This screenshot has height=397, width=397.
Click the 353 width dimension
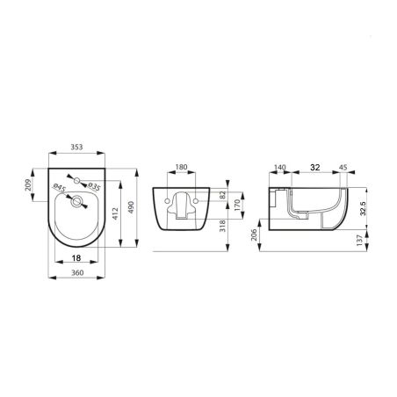click(x=76, y=147)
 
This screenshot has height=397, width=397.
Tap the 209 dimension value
click(x=28, y=185)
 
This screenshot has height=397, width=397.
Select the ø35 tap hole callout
click(x=94, y=186)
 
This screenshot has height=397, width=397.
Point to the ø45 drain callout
click(x=60, y=188)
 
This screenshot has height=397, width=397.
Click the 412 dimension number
click(x=115, y=214)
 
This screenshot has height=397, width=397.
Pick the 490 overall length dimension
click(x=131, y=207)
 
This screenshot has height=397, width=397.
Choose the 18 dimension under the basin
click(x=76, y=258)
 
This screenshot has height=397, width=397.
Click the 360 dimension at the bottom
click(x=77, y=272)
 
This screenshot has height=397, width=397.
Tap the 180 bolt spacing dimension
click(x=181, y=167)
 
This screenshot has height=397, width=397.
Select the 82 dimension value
click(x=222, y=195)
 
